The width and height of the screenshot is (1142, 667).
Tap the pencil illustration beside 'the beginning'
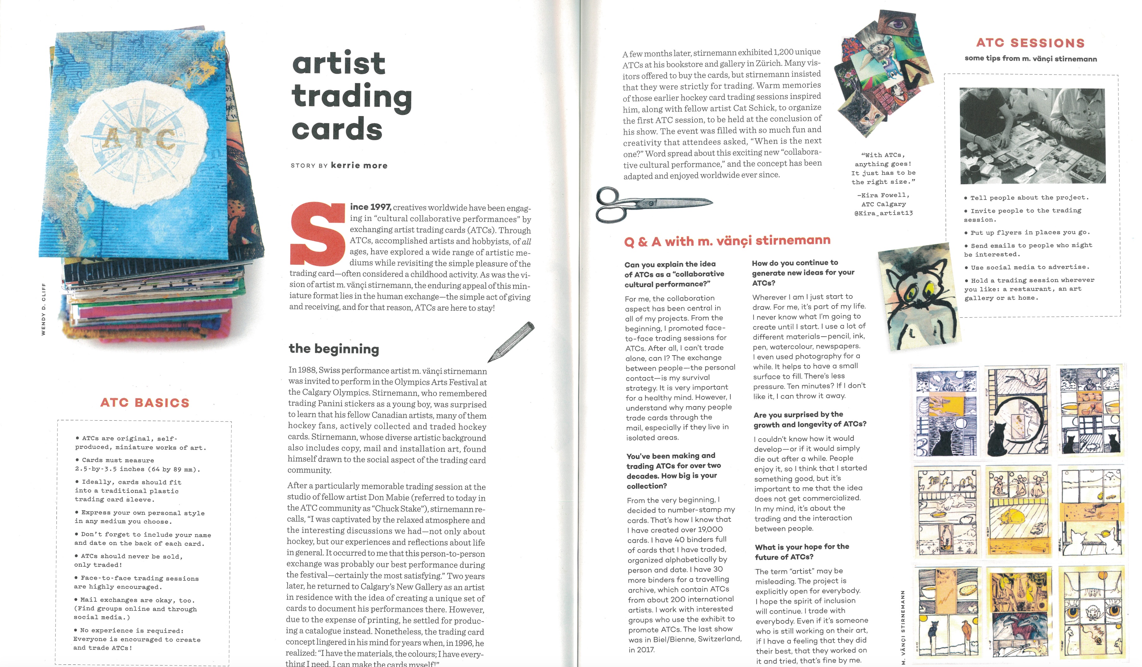tap(511, 342)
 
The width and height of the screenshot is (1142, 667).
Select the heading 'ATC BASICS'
tap(145, 403)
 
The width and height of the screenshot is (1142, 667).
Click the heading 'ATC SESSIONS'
tap(1030, 43)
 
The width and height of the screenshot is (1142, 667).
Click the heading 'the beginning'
tap(334, 349)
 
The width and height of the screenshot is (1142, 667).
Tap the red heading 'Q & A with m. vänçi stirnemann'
tap(727, 241)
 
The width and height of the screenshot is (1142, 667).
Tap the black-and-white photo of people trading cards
tap(1032, 136)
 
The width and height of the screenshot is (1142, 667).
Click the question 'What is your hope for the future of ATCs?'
tap(802, 552)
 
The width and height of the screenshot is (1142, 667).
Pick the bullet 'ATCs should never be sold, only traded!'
tap(129, 560)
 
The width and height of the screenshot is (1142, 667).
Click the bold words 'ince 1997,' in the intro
tap(370, 207)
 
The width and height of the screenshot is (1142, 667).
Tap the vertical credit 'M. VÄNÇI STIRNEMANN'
tap(903, 627)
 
